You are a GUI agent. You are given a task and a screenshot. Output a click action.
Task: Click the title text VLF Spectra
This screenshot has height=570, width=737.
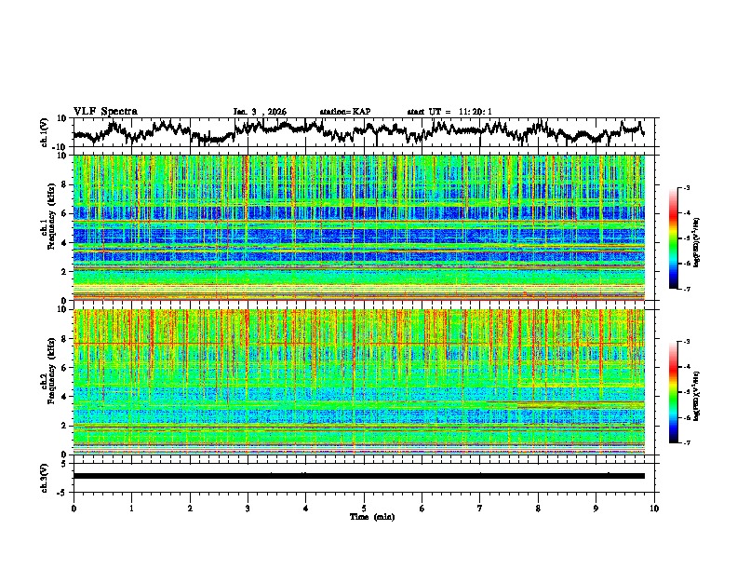(105, 111)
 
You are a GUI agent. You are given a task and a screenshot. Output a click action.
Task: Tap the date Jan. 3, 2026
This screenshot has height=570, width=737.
(260, 112)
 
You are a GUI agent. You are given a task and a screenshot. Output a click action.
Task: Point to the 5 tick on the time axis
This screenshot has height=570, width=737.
(364, 508)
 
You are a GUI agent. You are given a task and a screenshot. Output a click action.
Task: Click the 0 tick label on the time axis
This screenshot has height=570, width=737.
(74, 508)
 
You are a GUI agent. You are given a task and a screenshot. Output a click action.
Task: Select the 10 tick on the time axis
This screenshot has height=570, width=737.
(654, 508)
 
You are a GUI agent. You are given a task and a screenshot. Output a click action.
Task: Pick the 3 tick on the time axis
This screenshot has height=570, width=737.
(248, 508)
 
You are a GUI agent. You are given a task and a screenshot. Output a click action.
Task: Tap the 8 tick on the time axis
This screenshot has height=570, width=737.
(538, 508)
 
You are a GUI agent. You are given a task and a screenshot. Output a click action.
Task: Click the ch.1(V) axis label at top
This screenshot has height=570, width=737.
(46, 132)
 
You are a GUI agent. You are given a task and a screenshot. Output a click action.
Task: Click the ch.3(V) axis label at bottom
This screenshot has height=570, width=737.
(46, 476)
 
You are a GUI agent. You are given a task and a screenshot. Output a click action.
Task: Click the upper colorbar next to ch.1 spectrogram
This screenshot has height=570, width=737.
(685, 238)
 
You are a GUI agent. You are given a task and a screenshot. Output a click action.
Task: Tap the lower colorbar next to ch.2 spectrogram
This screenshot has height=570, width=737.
(685, 392)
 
